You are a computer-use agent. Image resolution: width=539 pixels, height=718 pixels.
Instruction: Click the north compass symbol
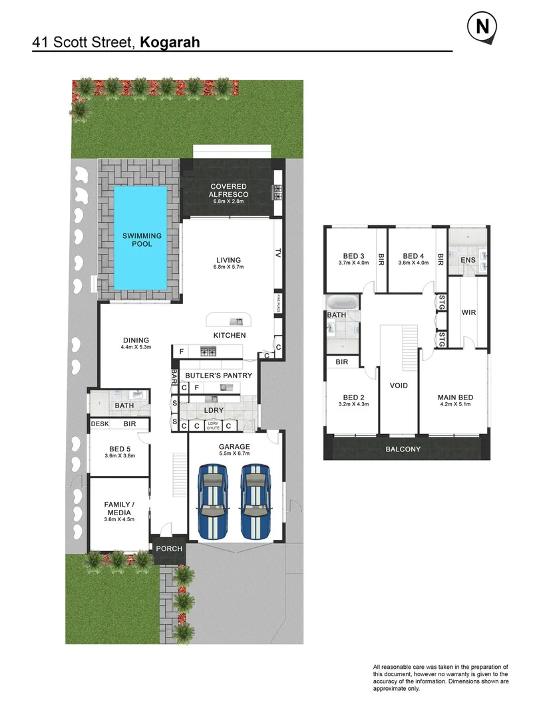(482, 28)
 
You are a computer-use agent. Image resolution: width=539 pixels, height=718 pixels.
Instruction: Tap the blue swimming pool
(140, 237)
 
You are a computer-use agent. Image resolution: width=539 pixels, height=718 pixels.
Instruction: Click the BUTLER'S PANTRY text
(218, 376)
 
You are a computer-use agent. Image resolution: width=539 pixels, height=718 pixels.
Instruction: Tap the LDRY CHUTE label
(213, 425)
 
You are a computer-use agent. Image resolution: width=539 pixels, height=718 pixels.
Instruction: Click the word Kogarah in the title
(170, 43)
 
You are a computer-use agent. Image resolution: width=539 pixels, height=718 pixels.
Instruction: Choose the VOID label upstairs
(399, 386)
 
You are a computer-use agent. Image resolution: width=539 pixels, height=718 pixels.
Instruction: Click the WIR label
(468, 312)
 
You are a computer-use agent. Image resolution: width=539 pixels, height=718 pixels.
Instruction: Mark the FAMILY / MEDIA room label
(118, 508)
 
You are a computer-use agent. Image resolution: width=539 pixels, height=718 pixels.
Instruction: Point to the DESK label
(100, 423)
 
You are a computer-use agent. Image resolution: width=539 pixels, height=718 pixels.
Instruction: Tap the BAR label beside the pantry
(174, 376)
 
